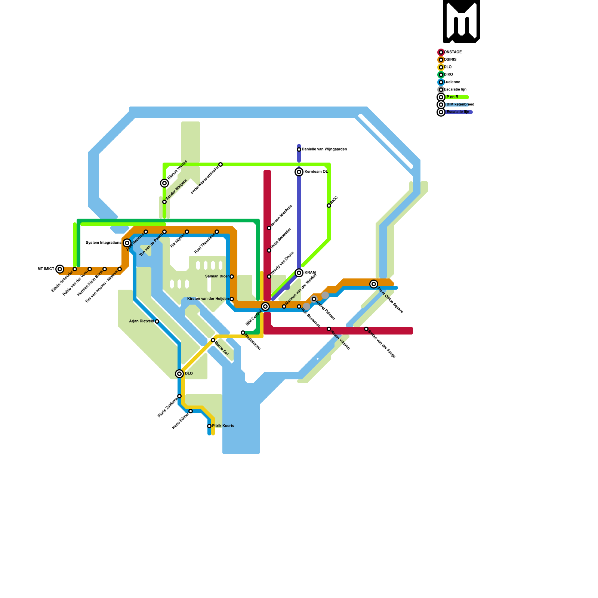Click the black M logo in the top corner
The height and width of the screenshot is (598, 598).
point(461,21)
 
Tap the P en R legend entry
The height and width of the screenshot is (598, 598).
point(452,97)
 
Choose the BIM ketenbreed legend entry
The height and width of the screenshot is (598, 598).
point(460,105)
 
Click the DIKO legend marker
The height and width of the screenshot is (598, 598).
point(441,75)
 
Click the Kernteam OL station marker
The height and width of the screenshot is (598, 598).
point(299,172)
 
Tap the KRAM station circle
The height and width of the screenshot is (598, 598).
point(299,273)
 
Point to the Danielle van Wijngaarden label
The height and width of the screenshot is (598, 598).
point(324,149)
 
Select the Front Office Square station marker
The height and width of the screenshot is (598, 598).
point(374,284)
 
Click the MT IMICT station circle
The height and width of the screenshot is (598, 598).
point(60,269)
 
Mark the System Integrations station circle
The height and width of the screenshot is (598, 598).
point(127,243)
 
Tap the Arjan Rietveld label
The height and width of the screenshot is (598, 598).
point(141,321)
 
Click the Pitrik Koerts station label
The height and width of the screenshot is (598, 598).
point(223,426)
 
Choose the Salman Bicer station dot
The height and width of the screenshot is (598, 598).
point(232,277)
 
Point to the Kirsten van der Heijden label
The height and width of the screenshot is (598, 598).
point(208,299)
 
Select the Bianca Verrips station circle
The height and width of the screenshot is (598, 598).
point(164,183)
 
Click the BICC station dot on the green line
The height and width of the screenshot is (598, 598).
point(329,206)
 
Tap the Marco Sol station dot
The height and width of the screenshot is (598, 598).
point(213,340)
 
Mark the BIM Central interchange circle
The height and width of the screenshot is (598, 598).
point(265,306)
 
